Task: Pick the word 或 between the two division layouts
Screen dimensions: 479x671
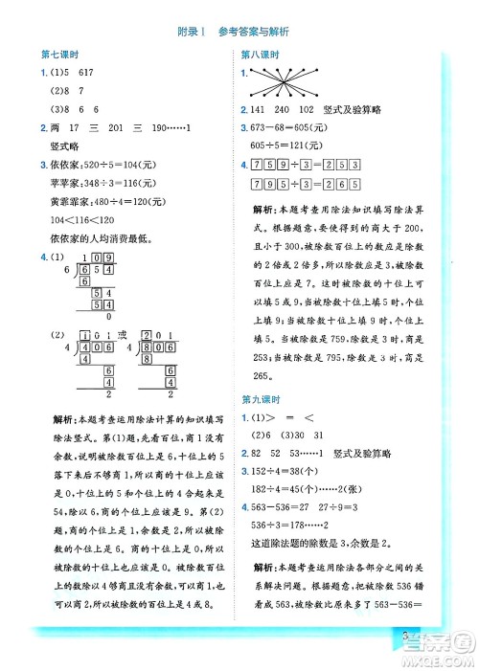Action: (130, 334)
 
